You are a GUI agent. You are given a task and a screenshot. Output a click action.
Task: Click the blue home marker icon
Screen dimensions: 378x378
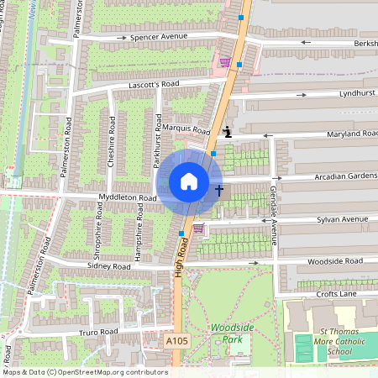pyautogui.click(x=189, y=181)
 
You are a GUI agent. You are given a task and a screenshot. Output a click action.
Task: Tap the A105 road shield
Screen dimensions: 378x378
pyautogui.click(x=177, y=341)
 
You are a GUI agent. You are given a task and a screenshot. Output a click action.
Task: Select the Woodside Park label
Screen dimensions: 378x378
pyautogui.click(x=227, y=333)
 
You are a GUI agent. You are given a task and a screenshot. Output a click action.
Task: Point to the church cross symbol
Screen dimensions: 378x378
pyautogui.click(x=220, y=191)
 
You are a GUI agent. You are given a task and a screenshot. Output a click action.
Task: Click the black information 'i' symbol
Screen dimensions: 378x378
pyautogui.click(x=228, y=132)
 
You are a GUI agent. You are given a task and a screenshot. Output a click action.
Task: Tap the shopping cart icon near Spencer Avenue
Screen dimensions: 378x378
pyautogui.click(x=224, y=61)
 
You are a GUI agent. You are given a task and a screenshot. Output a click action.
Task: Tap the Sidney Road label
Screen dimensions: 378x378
pyautogui.click(x=109, y=266)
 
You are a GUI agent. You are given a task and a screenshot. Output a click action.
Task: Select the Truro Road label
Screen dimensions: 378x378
pyautogui.click(x=97, y=332)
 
